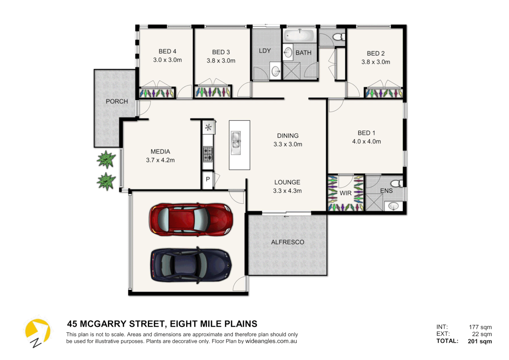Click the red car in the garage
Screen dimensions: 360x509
(x=191, y=220)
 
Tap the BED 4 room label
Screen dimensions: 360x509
(x=167, y=51)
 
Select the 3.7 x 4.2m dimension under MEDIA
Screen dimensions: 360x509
(x=160, y=160)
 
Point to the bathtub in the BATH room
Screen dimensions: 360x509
(x=300, y=35)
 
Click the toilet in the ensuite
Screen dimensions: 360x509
(x=396, y=184)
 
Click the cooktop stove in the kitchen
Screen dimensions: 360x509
(x=208, y=154)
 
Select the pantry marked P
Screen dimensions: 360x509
(x=208, y=179)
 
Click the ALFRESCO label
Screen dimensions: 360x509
(x=287, y=242)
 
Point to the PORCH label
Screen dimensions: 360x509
(x=117, y=101)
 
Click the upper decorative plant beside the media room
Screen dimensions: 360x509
(x=106, y=159)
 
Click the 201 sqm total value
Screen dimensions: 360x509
(x=480, y=341)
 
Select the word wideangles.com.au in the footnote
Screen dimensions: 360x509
(x=271, y=341)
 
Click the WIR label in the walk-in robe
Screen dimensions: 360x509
(x=345, y=193)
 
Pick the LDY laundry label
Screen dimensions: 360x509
(x=265, y=51)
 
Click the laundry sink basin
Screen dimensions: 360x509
(x=275, y=70)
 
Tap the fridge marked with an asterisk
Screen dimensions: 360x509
(x=209, y=127)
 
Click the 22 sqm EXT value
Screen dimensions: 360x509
(x=482, y=334)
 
